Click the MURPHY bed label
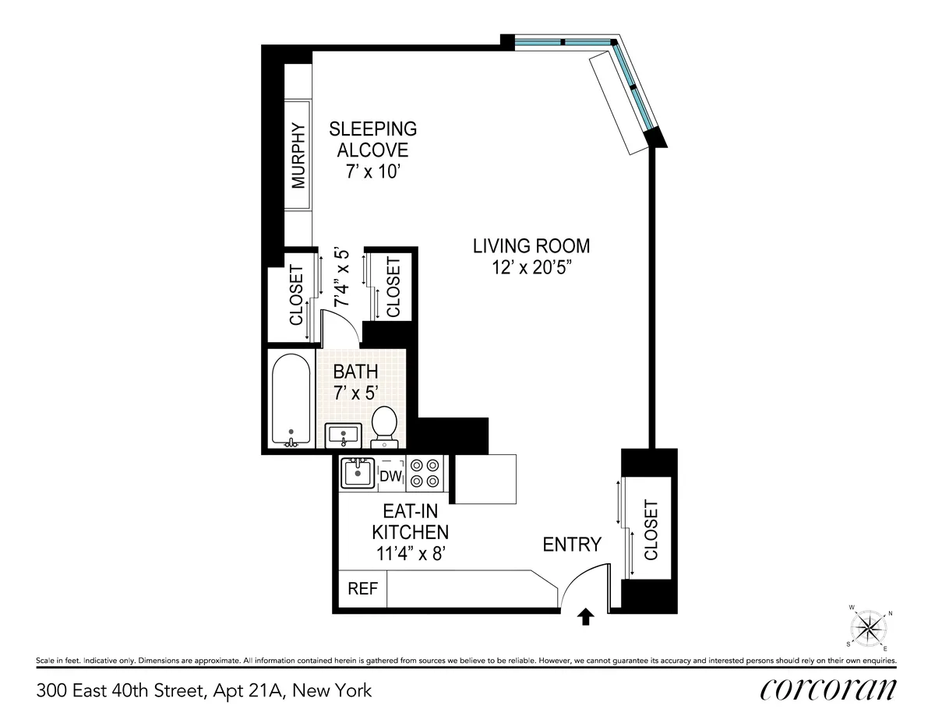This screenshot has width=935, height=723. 298,156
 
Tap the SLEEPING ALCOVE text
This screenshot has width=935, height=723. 372,139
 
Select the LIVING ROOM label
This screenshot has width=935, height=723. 531,246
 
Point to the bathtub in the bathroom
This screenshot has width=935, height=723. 291,399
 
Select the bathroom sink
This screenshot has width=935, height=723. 344,433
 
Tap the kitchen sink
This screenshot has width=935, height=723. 358,472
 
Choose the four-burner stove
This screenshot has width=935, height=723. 424,474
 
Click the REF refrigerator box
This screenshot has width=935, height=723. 362,588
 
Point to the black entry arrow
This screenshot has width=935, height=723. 586,618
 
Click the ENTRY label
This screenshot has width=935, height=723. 572,544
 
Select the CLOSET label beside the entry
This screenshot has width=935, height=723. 651,530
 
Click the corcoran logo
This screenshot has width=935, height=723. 827,689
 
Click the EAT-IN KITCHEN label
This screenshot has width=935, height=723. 410,532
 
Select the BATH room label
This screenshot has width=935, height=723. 355,371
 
